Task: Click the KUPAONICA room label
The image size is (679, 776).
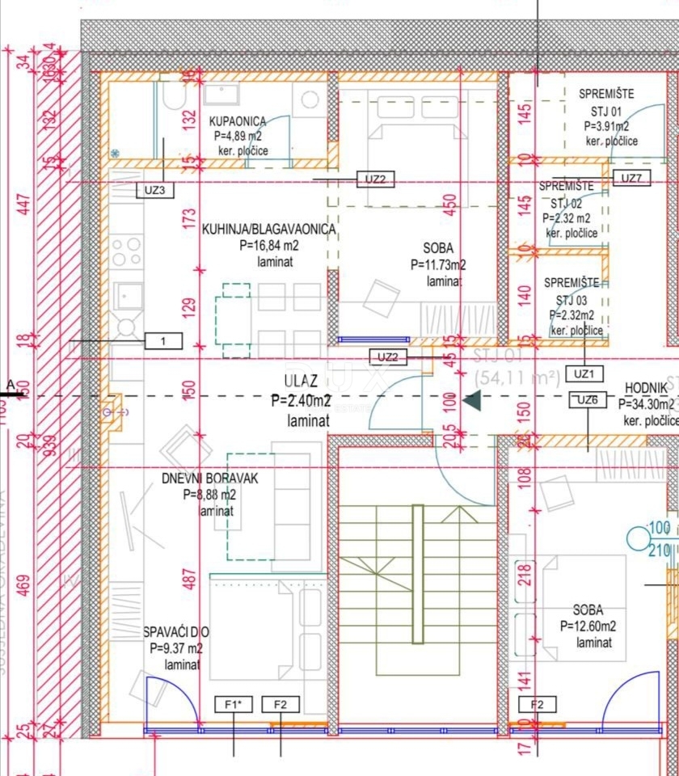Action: (237, 121)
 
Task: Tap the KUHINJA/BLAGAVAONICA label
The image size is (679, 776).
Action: (269, 230)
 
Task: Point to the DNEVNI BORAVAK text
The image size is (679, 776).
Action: (209, 479)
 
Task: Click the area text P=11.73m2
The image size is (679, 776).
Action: (437, 264)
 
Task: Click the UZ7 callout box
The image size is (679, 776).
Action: (631, 179)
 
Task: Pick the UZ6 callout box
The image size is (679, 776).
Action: (588, 400)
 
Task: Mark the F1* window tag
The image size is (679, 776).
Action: (233, 705)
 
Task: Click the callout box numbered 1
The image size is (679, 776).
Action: (163, 341)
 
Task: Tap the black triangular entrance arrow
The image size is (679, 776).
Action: (472, 399)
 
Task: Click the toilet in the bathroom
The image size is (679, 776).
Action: (172, 98)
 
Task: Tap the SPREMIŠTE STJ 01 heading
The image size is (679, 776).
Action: (606, 93)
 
